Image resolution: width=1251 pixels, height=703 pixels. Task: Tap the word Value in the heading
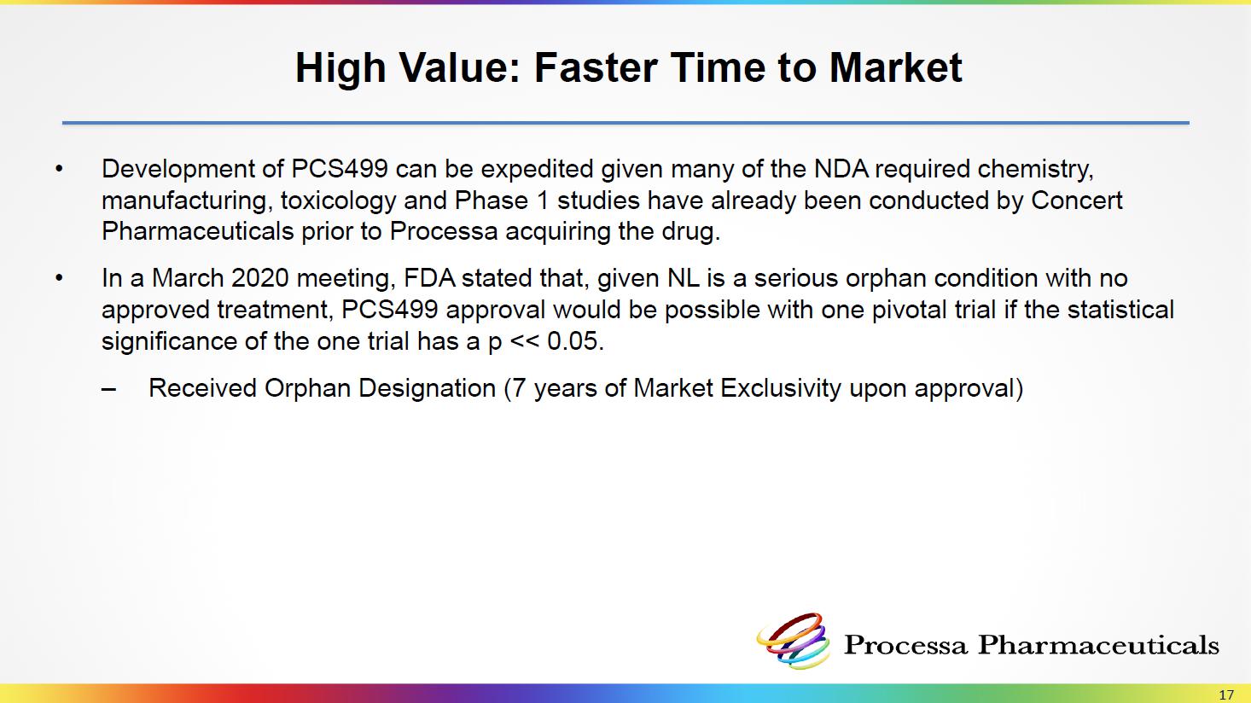(x=460, y=67)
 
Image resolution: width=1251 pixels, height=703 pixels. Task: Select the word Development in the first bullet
(x=189, y=169)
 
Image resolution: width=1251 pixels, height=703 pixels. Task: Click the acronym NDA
(x=841, y=168)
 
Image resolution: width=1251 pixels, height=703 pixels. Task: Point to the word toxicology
(x=339, y=201)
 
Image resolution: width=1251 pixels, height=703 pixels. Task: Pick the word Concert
(x=1077, y=200)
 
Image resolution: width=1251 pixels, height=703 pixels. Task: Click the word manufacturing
(x=187, y=201)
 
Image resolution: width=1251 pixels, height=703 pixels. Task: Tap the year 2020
(x=260, y=278)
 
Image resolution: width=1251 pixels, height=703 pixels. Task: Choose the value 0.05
(x=575, y=341)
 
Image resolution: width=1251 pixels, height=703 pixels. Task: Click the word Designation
(x=428, y=389)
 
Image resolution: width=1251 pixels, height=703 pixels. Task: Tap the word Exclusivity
(x=781, y=389)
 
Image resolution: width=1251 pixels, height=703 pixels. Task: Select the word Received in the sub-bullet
(x=203, y=388)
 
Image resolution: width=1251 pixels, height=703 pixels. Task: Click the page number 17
(x=1226, y=694)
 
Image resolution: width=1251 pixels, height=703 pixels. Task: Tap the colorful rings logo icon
(x=793, y=642)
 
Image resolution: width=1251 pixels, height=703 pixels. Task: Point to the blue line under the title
(x=625, y=123)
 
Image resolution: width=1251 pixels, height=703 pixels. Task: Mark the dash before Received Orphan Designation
(x=109, y=390)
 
